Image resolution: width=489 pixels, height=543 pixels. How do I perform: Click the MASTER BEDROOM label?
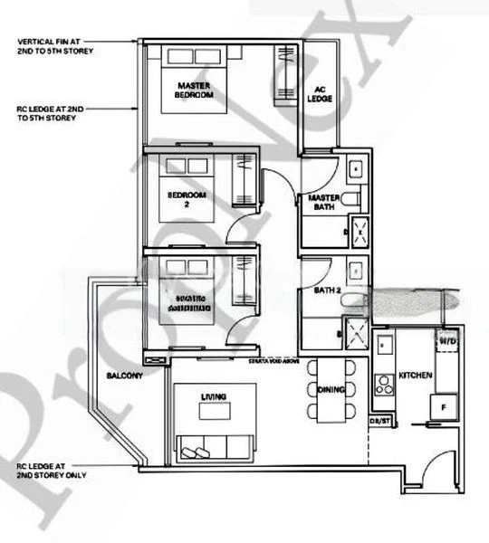(x=194, y=90)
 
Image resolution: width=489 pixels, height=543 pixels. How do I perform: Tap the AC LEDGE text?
(x=320, y=95)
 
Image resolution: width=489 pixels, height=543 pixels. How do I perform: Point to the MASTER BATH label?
(x=323, y=203)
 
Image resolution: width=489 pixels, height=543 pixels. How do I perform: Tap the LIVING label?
(x=215, y=395)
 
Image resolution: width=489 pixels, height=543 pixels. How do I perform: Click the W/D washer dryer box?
(x=447, y=342)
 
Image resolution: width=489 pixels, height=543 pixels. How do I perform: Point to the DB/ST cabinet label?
(x=378, y=422)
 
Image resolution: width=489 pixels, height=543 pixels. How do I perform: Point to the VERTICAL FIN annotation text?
(x=54, y=45)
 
